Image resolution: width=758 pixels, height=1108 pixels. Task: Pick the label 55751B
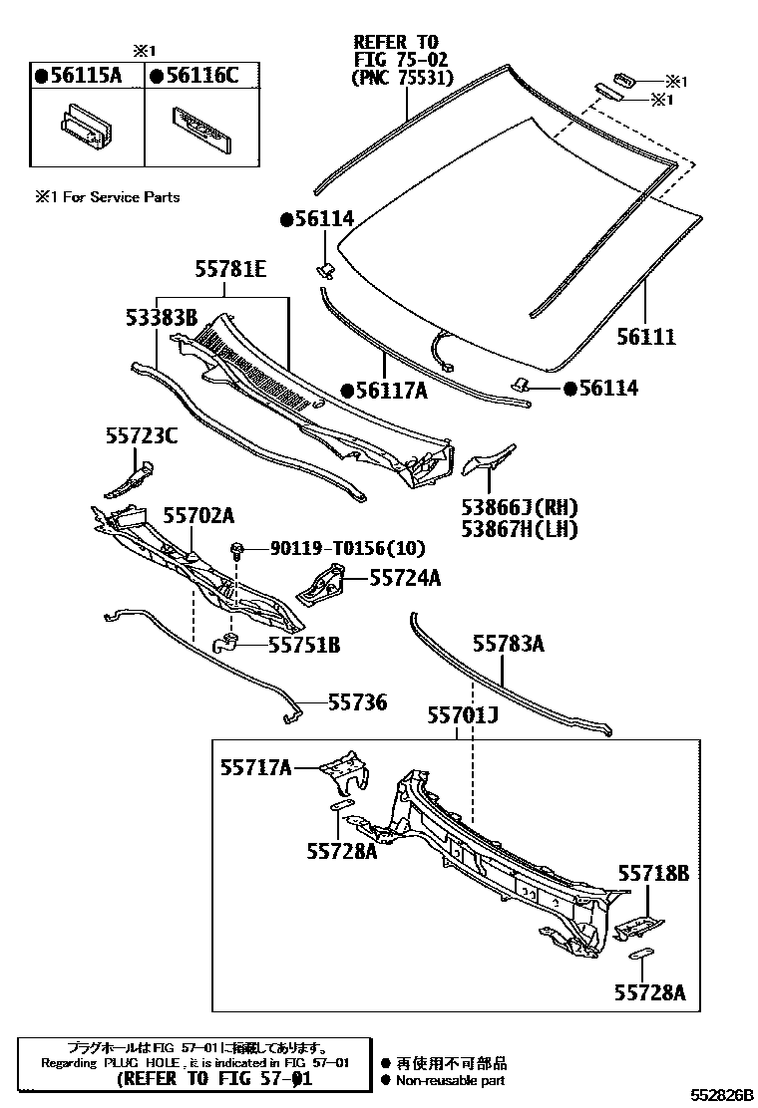pyautogui.click(x=303, y=646)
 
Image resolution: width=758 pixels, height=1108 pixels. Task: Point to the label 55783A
pyautogui.click(x=508, y=645)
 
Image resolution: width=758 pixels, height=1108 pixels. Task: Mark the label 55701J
pyautogui.click(x=462, y=714)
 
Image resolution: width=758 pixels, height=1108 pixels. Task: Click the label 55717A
pyautogui.click(x=256, y=766)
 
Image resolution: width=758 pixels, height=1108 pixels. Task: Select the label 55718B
pyautogui.click(x=652, y=874)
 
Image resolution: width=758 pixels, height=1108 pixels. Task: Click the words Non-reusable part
pyautogui.click(x=450, y=1080)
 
